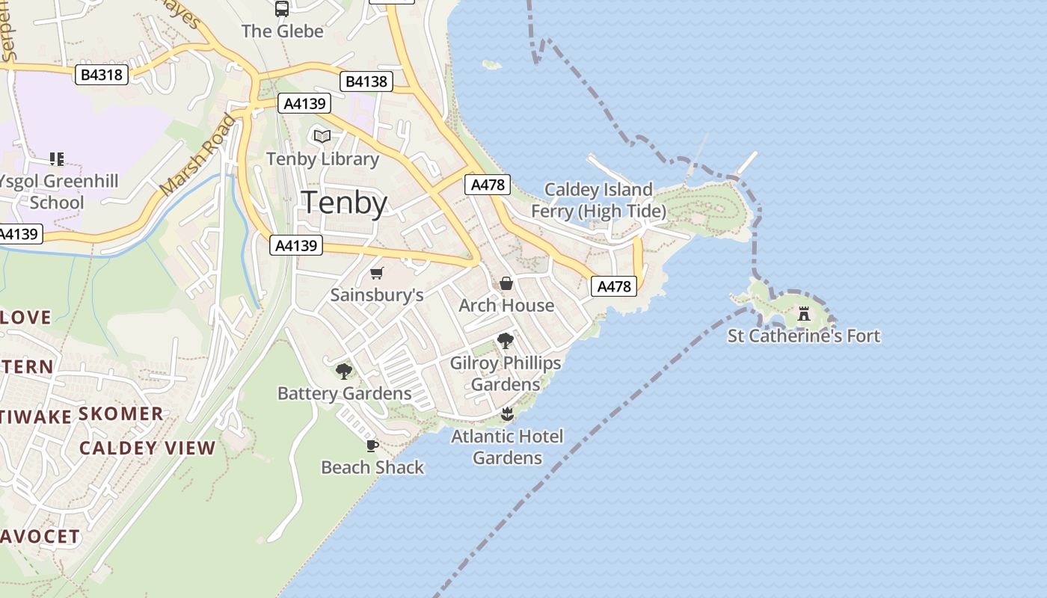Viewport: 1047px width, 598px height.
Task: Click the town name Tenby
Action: coord(344,203)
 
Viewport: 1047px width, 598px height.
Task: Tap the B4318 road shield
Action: coord(102,75)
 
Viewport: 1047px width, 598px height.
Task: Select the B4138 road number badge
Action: coord(366,81)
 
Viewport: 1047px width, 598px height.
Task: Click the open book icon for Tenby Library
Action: coord(322,137)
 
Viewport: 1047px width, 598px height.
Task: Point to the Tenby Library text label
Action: coord(322,159)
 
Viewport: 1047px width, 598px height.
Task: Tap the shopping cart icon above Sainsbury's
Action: coord(377,274)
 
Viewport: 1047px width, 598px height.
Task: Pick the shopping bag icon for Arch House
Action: coord(506,283)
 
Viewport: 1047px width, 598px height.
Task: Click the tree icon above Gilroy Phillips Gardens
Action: coord(506,341)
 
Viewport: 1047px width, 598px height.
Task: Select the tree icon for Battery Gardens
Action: coord(344,371)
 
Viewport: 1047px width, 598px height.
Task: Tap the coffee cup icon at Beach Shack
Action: coord(372,446)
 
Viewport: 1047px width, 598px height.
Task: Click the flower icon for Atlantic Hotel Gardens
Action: coord(507,414)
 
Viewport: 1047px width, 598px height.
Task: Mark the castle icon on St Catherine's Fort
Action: coord(804,314)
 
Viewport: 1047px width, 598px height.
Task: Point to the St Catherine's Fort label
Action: coord(804,336)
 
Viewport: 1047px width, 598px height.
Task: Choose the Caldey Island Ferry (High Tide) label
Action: coord(598,200)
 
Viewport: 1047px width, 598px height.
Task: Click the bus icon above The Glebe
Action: coord(282,9)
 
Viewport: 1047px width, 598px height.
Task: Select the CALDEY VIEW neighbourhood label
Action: coord(147,449)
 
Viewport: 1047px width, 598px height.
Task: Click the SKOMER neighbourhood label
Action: coord(120,414)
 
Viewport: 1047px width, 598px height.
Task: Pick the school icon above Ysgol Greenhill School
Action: coord(57,158)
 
